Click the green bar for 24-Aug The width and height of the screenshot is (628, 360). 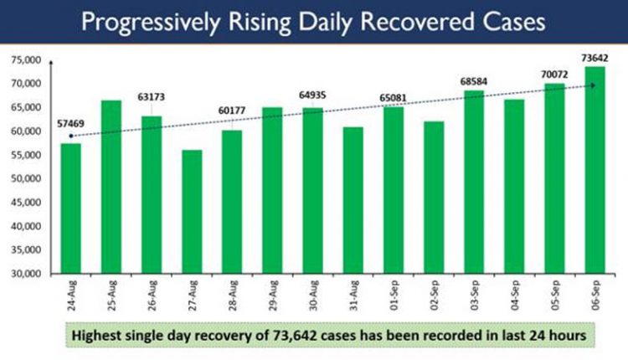click(71, 209)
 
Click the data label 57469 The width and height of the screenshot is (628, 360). click(70, 123)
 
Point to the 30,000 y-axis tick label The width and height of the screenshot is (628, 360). click(28, 274)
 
